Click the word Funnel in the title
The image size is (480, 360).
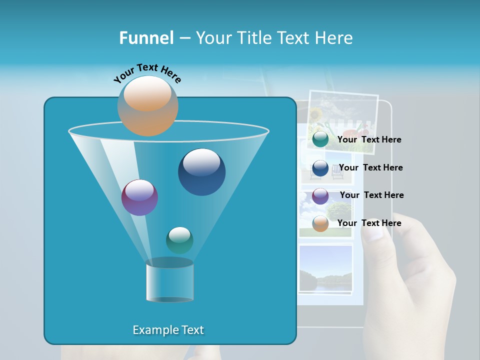146,38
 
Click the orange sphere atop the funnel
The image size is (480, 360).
147,105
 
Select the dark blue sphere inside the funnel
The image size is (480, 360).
201,171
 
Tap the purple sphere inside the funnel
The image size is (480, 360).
139,197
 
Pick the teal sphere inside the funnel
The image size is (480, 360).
179,240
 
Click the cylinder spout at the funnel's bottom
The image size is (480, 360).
169,282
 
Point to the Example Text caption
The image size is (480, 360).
168,330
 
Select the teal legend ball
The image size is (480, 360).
320,139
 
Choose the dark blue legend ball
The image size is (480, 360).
320,168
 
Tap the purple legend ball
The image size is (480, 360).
320,196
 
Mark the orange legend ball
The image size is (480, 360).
320,223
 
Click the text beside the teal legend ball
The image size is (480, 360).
369,140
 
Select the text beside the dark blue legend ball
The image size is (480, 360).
370,168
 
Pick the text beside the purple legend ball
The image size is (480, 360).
371,195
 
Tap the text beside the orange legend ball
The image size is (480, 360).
369,223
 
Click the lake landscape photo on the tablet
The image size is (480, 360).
325,268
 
